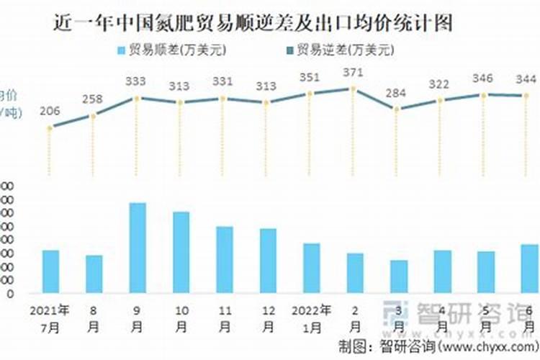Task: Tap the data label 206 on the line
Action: pyautogui.click(x=50, y=112)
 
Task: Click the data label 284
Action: pyautogui.click(x=396, y=94)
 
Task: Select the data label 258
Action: pyautogui.click(x=94, y=98)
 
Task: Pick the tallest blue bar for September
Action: pyautogui.click(x=138, y=248)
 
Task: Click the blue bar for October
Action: pyautogui.click(x=181, y=252)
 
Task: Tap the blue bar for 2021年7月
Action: pyautogui.click(x=50, y=271)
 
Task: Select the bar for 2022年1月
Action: pyautogui.click(x=311, y=268)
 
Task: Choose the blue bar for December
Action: pyautogui.click(x=268, y=261)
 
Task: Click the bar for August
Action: pyautogui.click(x=94, y=274)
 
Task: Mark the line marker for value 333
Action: pyautogui.click(x=137, y=97)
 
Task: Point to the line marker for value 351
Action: pyautogui.click(x=310, y=94)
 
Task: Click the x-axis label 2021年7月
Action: pyautogui.click(x=50, y=318)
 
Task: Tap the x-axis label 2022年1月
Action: pyautogui.click(x=311, y=318)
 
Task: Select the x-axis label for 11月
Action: pyautogui.click(x=224, y=318)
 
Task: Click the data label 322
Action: pyautogui.click(x=439, y=84)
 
